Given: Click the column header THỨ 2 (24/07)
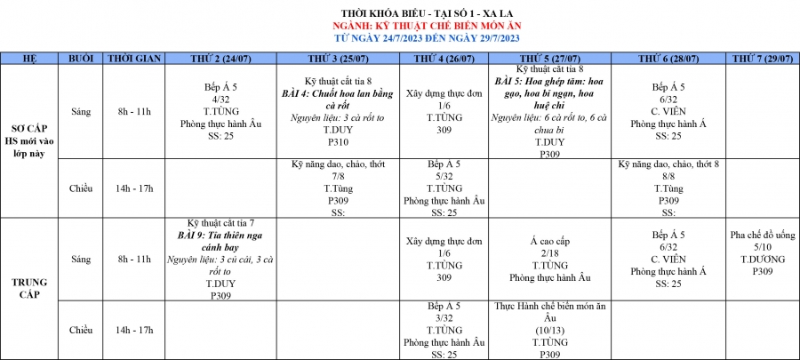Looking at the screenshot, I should tap(221, 58).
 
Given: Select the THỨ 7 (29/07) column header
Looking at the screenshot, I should tap(762, 58).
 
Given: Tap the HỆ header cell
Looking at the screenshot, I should tap(29, 58).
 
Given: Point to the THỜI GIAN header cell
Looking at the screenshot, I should tap(134, 58).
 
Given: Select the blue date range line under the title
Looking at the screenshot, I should tap(400, 38).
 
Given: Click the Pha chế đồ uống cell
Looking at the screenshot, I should tap(762, 234).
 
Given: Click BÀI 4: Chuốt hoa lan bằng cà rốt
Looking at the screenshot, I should tap(339, 99).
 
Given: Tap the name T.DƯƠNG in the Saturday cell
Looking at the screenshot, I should tap(762, 259).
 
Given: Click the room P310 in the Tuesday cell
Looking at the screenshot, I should tap(339, 141).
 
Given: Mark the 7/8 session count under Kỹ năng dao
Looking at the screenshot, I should tap(339, 177).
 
